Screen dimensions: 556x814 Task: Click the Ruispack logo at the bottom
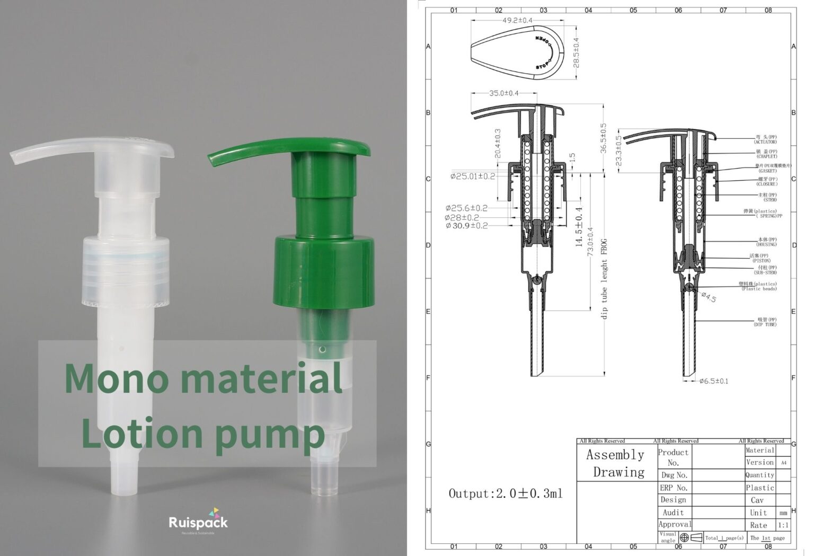[198, 522]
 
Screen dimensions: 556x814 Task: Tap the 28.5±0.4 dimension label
[577, 52]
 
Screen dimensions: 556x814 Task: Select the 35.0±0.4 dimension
[503, 93]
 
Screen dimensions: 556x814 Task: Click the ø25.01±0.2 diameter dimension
[473, 176]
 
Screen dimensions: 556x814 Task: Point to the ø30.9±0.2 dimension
[466, 226]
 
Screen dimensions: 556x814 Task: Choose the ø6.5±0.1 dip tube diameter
[713, 381]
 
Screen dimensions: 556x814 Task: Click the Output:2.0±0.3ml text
[505, 493]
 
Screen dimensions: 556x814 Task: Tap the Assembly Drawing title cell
[616, 463]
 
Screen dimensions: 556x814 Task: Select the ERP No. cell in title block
[674, 488]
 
